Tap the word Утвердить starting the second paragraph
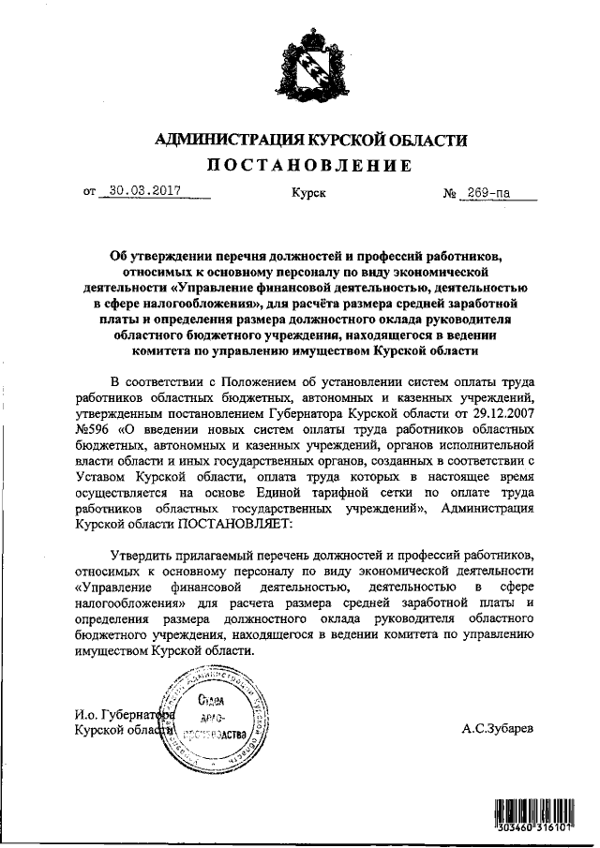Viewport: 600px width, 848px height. pos(141,553)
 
